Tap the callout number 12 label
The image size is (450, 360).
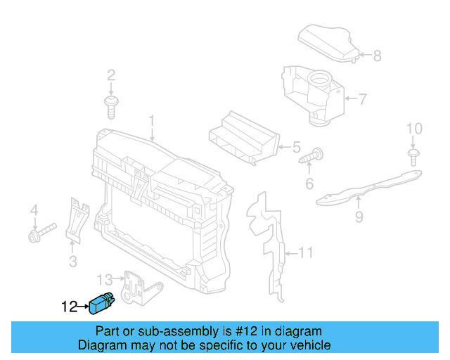[69, 307]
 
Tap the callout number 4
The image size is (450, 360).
[32, 210]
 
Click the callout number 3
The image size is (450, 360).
[72, 262]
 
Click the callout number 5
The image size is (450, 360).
[296, 148]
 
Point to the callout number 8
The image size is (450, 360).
[377, 56]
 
